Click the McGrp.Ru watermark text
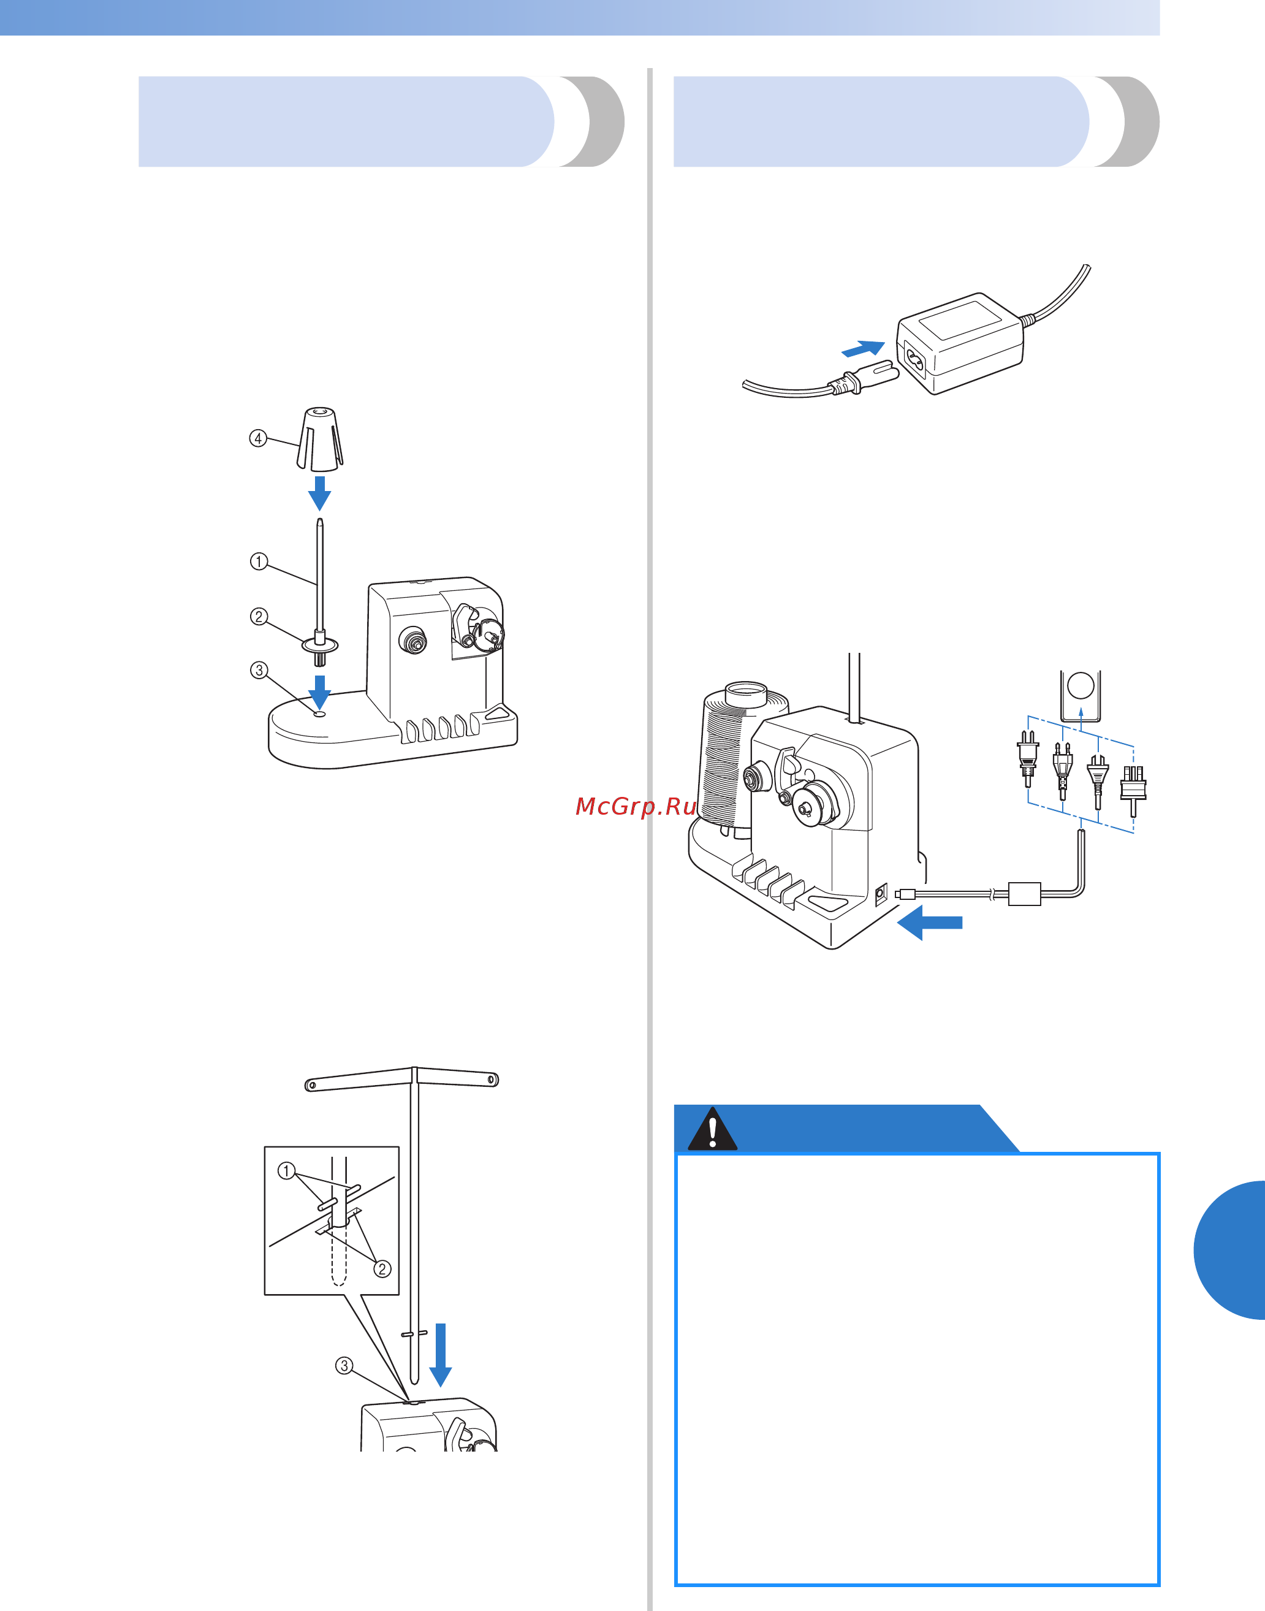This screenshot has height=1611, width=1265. click(636, 806)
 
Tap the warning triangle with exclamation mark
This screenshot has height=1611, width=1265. click(712, 1130)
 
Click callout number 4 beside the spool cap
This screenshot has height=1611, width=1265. click(258, 438)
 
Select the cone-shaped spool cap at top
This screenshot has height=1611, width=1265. click(320, 440)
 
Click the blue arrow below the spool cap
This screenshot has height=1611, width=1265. click(320, 493)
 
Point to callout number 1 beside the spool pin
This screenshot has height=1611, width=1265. click(259, 562)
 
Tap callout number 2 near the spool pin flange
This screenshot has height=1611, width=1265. click(259, 616)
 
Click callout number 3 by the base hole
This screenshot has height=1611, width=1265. click(259, 670)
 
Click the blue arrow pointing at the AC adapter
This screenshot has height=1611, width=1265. click(864, 348)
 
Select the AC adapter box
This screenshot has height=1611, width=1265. click(960, 342)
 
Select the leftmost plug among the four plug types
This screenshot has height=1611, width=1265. click(1027, 757)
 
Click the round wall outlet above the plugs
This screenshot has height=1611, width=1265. click(1081, 687)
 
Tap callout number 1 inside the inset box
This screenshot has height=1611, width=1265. click(286, 1171)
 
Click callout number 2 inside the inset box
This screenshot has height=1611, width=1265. click(382, 1269)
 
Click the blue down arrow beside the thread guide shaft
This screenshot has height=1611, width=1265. click(441, 1354)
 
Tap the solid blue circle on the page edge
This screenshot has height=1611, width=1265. click(1233, 1249)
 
